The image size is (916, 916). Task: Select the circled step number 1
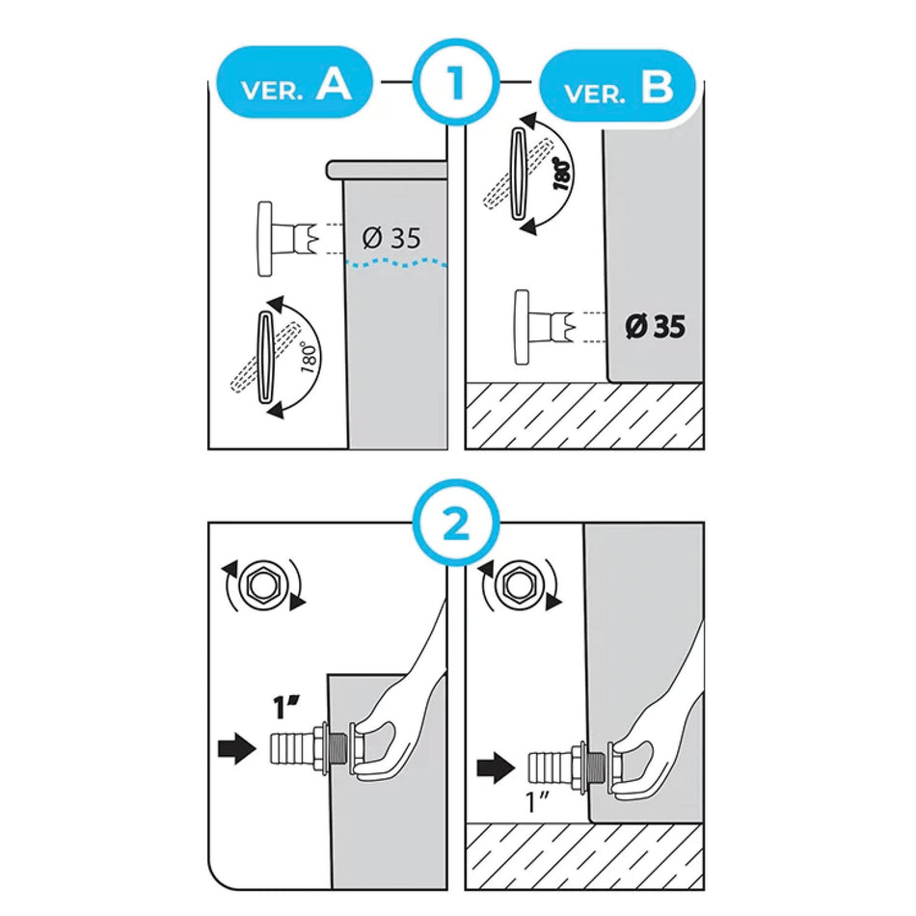coord(456,82)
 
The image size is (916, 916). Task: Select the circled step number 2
coord(456,524)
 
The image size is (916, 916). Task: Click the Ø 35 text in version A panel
coord(391,238)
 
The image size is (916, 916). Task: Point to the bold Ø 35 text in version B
coord(655,327)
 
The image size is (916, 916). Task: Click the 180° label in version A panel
coord(310,359)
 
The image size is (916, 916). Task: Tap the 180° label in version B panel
coord(562,175)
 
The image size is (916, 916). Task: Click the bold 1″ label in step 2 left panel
coord(286,707)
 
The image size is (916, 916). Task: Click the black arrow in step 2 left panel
coord(236,748)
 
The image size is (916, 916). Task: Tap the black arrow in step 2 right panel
coord(496,768)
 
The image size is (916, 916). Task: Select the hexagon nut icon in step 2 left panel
coord(262,584)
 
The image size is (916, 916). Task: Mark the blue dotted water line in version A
coord(396,264)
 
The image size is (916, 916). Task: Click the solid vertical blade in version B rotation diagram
coord(519,174)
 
